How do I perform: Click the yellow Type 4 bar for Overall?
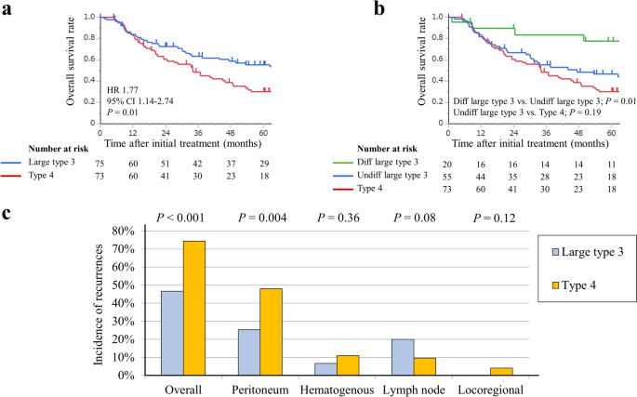click(194, 308)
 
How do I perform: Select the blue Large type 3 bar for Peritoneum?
click(249, 351)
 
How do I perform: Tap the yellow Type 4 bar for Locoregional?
click(502, 371)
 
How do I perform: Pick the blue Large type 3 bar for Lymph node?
click(403, 357)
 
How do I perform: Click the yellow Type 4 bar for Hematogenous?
click(348, 365)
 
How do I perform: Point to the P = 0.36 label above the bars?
click(338, 218)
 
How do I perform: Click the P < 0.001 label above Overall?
click(180, 218)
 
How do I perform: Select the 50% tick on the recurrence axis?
click(123, 285)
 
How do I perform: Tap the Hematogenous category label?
click(337, 390)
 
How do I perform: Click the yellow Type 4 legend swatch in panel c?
click(555, 285)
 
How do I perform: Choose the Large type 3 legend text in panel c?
click(592, 252)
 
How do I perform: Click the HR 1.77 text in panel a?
click(122, 90)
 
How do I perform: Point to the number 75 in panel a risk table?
click(100, 164)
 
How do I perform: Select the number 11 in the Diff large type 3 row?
click(612, 165)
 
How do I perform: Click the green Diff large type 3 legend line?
click(343, 163)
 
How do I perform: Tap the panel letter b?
click(379, 8)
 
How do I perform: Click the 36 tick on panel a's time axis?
click(198, 133)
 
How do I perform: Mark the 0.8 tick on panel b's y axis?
click(437, 38)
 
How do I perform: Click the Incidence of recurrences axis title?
click(99, 305)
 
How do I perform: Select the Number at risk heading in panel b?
click(387, 149)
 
